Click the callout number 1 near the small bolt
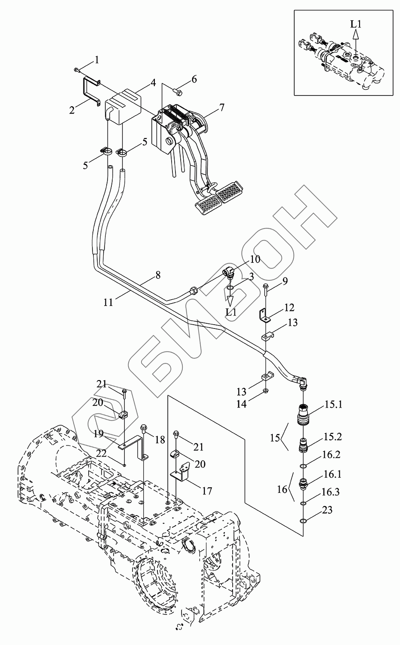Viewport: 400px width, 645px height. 97,60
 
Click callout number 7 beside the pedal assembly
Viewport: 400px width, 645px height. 222,107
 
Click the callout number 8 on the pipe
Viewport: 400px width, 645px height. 158,274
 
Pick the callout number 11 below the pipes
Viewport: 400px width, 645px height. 108,302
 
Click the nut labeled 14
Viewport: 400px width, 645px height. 265,390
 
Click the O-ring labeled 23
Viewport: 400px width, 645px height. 304,522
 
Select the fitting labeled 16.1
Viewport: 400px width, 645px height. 305,483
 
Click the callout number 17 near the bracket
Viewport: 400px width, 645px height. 207,490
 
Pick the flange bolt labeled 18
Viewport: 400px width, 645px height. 144,429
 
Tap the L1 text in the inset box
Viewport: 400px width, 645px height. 355,24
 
